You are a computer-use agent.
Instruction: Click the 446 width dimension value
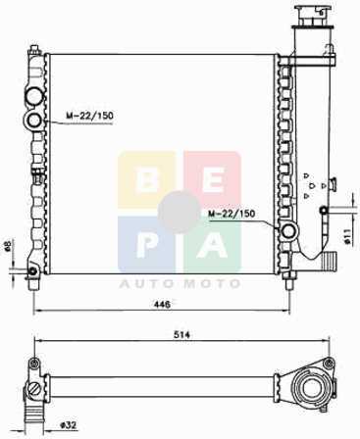tap(163, 304)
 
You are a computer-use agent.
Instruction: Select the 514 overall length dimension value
tap(181, 335)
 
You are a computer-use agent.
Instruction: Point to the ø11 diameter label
tap(347, 236)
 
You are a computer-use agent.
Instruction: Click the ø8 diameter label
tap(8, 245)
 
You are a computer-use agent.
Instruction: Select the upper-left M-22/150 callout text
tap(89, 116)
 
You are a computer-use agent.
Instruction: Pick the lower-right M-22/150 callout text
tap(231, 214)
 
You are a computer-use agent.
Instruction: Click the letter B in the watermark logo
tap(146, 180)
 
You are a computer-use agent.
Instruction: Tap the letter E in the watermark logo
tap(213, 180)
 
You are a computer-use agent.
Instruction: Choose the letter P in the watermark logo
tap(147, 246)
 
